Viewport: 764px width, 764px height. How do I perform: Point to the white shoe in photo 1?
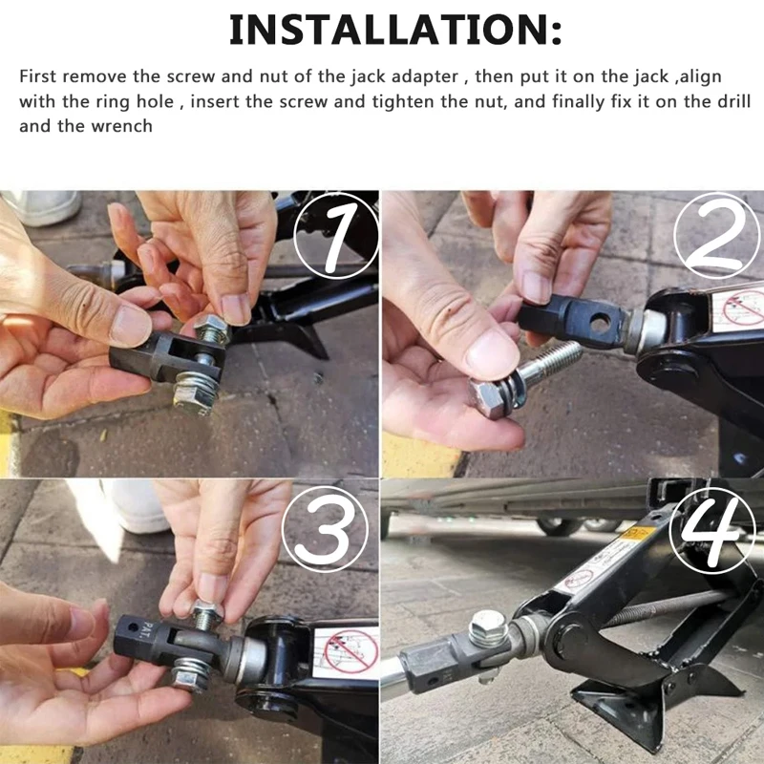pyautogui.click(x=43, y=206)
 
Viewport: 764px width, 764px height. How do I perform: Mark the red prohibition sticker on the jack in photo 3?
pyautogui.click(x=344, y=649)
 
